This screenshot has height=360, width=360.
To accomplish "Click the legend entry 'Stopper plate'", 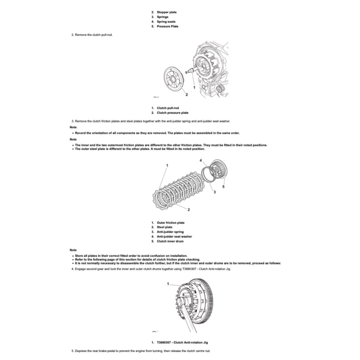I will pos(167,12).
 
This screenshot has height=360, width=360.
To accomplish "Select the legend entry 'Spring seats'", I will pos(166,22).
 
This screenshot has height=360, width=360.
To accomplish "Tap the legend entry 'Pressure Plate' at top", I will pos(167,26).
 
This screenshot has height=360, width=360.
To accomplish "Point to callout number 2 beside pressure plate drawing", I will pos(187,95).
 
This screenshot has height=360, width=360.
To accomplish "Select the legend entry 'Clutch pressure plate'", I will pos(172,113).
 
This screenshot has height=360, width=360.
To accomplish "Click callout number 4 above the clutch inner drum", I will pos(201,160).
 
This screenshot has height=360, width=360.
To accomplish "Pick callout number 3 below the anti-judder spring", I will pos(215,192).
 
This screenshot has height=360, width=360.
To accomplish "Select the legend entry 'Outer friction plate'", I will pos(171,223).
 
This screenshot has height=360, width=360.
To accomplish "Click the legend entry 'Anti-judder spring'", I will pos(170,232).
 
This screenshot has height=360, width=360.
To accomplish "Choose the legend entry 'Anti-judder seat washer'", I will pos(174,237).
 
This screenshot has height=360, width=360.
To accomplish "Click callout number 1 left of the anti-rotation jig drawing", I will pos(168,283).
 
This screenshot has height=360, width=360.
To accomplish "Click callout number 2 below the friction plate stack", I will pos(189,210).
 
